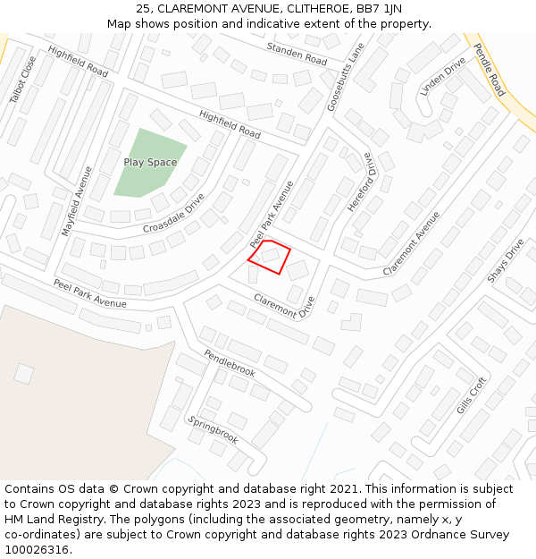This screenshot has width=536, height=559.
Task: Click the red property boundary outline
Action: click(269, 257)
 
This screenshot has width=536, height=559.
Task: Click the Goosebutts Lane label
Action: click(346, 78)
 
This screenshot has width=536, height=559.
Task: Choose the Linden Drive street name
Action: click(443, 77)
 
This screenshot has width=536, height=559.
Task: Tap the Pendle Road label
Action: click(489, 70)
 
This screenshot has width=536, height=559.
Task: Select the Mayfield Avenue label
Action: click(77, 200)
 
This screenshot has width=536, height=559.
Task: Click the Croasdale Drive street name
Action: click(174, 213)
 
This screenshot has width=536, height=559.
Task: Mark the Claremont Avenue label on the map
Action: click(411, 243)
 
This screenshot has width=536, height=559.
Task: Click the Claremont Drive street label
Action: click(284, 306)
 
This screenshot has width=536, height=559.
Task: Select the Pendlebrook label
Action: click(230, 362)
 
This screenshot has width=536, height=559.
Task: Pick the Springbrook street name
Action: click(214, 429)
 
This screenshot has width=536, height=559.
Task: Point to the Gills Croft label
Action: click(472, 395)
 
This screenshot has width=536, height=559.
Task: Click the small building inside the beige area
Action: click(24, 373)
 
